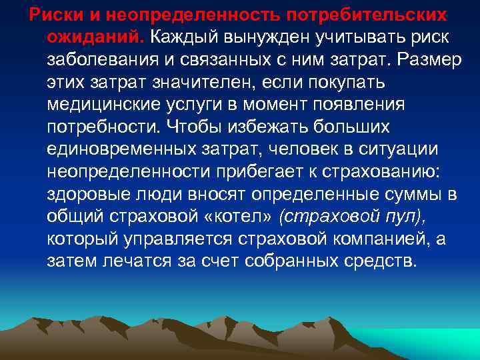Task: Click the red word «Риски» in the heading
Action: tap(45, 14)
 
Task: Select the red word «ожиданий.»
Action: tap(97, 37)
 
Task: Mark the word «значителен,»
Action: tap(209, 82)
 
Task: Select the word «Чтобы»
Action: tap(201, 127)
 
